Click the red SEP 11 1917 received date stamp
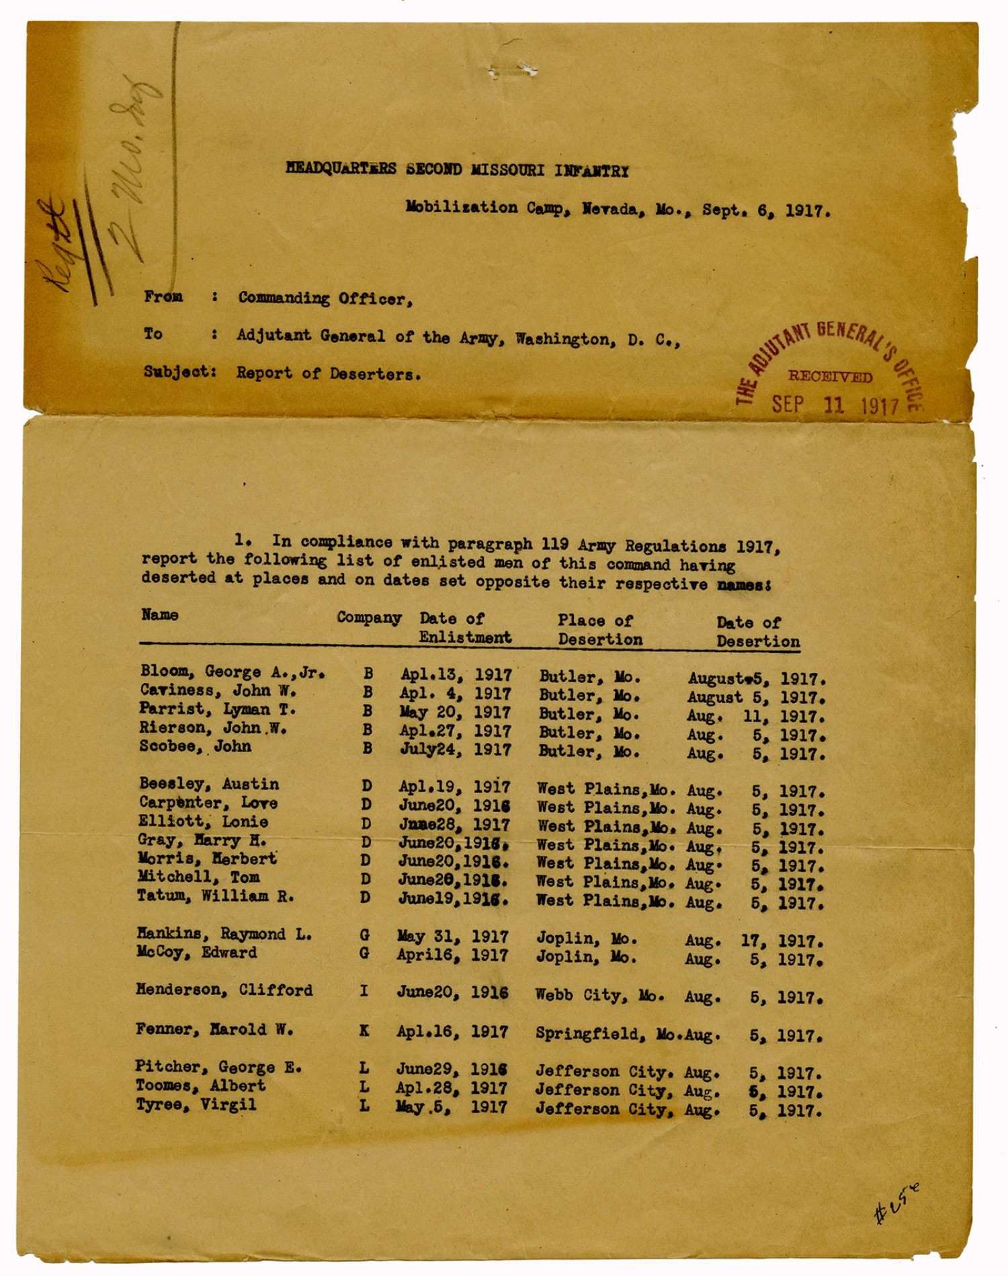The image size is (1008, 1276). [835, 405]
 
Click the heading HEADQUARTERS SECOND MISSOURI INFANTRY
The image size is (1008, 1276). [457, 169]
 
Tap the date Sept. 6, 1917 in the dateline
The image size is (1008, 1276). [766, 210]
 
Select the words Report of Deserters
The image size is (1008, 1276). [329, 374]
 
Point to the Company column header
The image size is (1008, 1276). [369, 618]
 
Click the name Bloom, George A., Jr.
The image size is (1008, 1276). [233, 672]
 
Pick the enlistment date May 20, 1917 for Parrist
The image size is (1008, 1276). [455, 713]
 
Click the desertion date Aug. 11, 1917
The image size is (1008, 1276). [755, 717]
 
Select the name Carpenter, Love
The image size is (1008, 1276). [208, 803]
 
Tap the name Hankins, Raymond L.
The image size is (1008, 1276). [224, 934]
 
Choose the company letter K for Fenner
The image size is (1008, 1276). [364, 1030]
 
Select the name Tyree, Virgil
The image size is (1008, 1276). [196, 1105]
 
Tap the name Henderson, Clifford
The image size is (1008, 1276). [224, 990]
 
